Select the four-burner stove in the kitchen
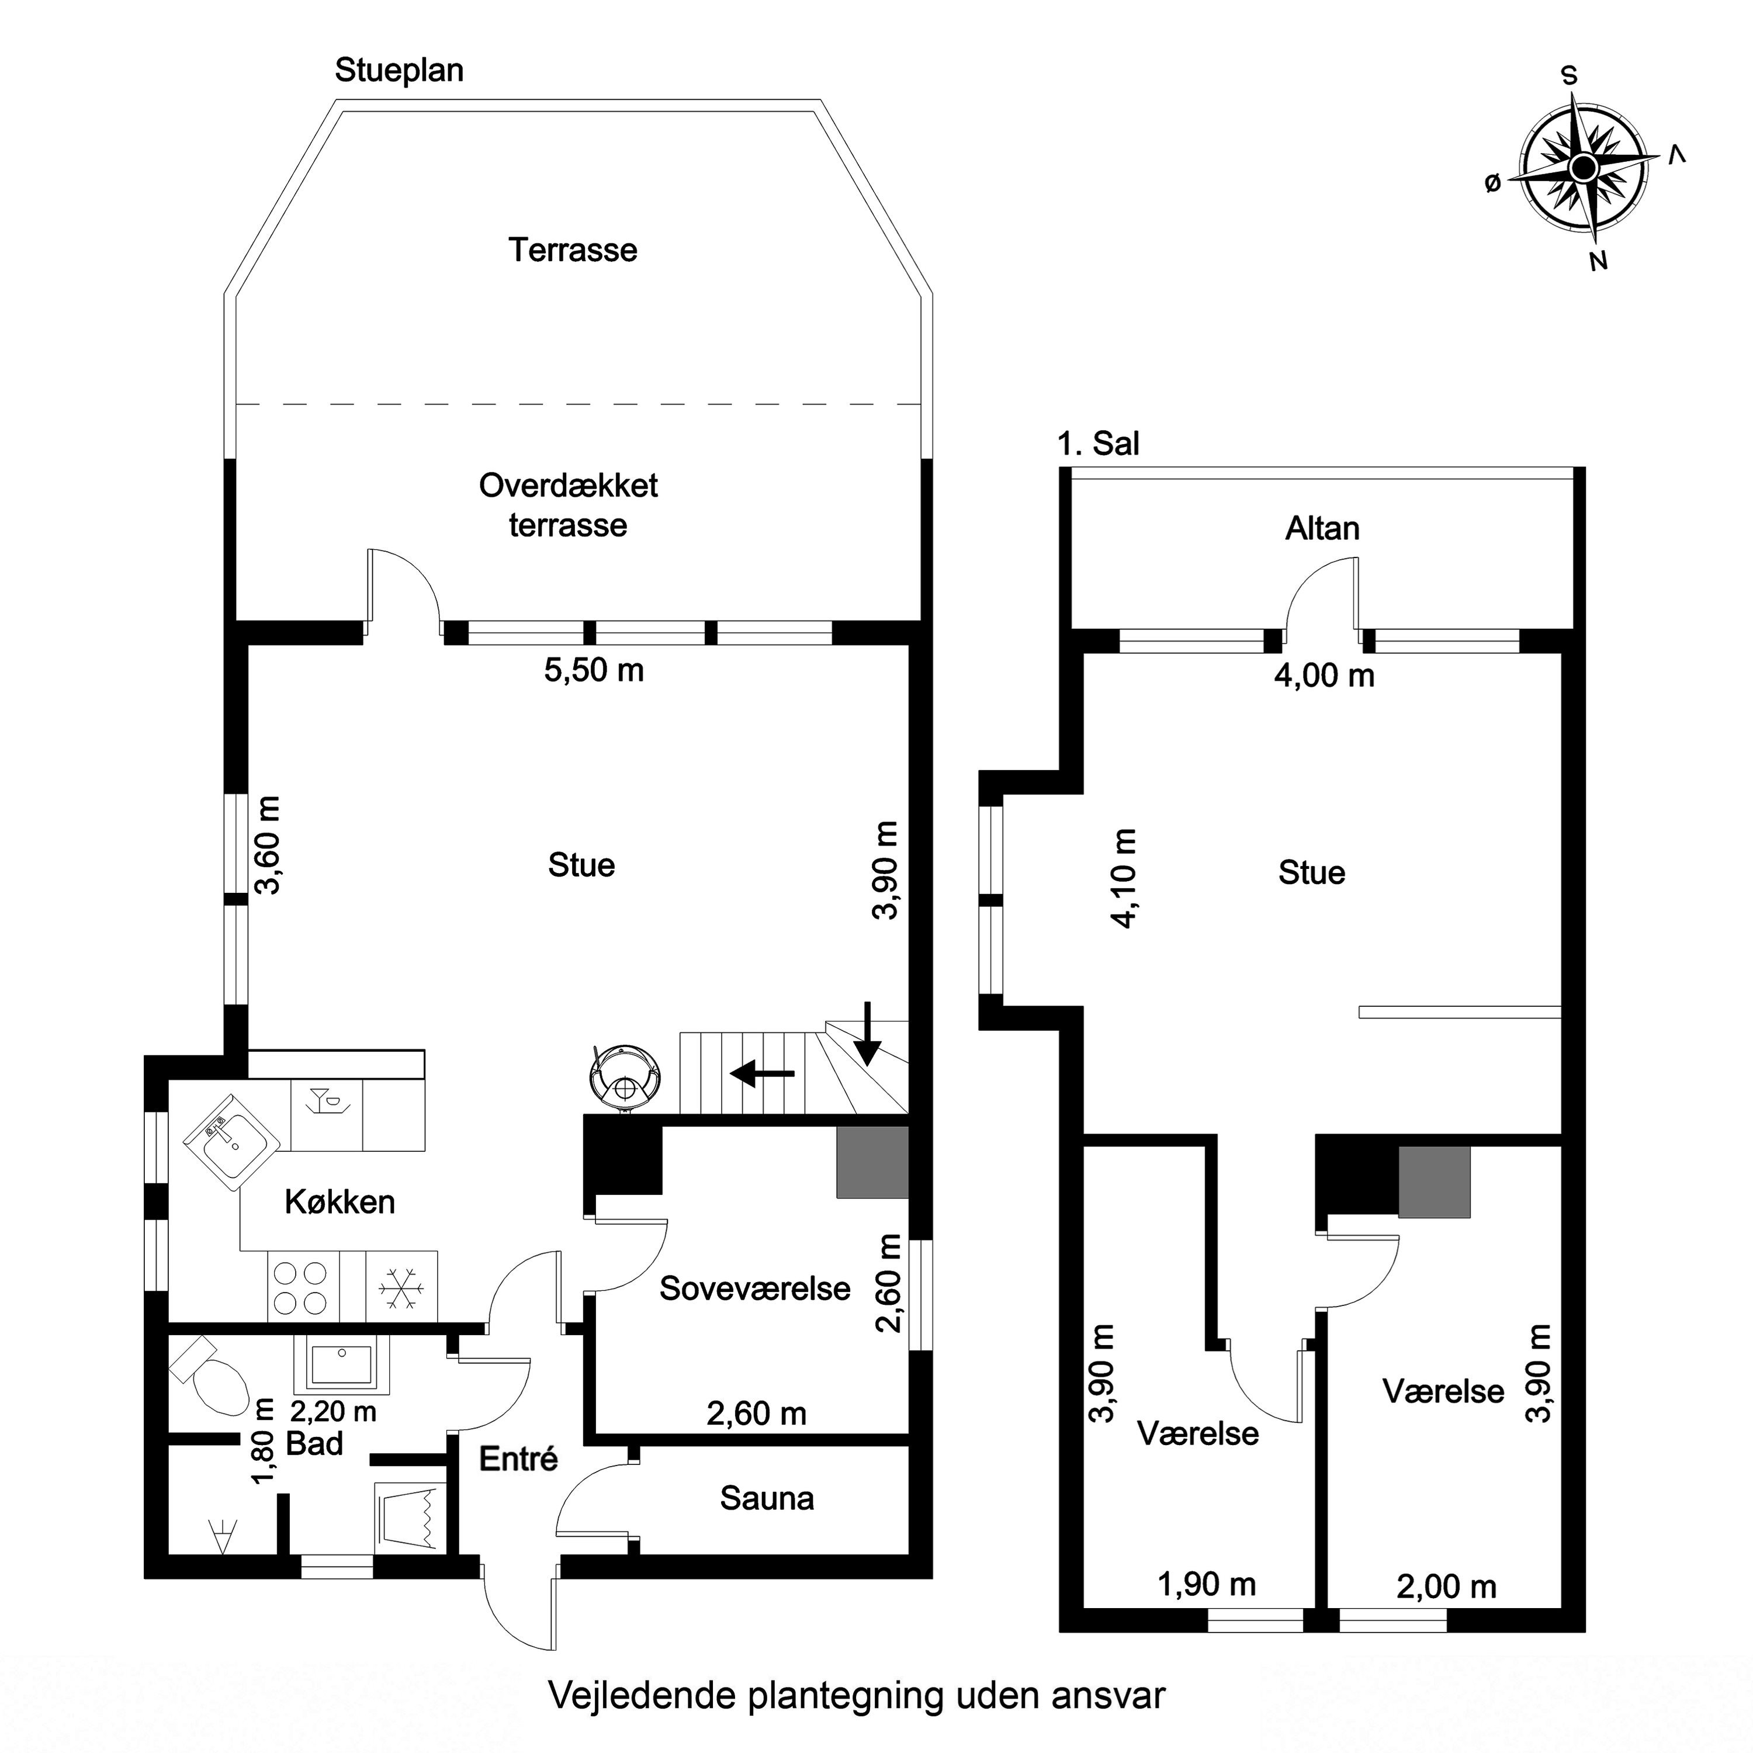[x=303, y=1287]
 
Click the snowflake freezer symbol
[x=401, y=1287]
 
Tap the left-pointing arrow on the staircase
[x=762, y=1075]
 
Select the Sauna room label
[x=767, y=1498]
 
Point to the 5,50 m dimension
[x=594, y=671]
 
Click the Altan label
[x=1322, y=528]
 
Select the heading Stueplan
[x=399, y=70]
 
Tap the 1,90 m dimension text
[x=1207, y=1584]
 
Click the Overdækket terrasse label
[x=568, y=505]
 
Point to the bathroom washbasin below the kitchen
[x=341, y=1364]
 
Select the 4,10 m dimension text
[x=1123, y=878]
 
